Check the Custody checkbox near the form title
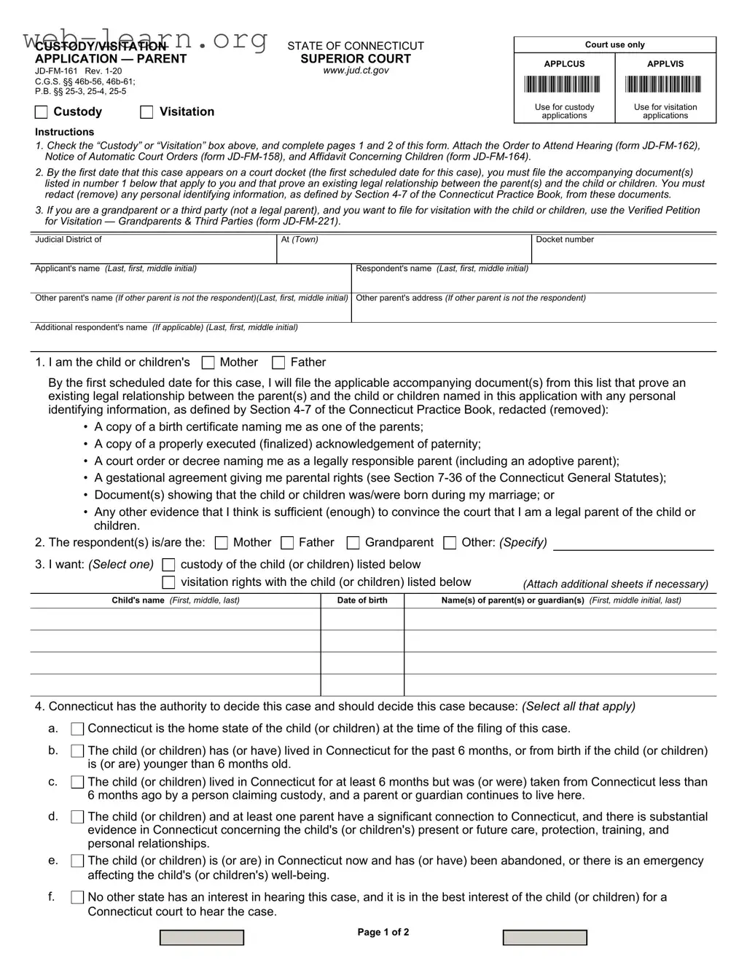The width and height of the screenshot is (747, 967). pyautogui.click(x=42, y=112)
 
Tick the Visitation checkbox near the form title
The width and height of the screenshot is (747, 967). pyautogui.click(x=146, y=112)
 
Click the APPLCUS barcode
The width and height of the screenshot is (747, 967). pyautogui.click(x=564, y=85)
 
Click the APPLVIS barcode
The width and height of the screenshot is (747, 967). pyautogui.click(x=665, y=85)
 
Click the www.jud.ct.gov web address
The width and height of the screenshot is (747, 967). pyautogui.click(x=356, y=71)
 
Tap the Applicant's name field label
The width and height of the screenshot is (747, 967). pyautogui.click(x=116, y=269)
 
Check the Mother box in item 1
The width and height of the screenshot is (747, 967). pyautogui.click(x=208, y=363)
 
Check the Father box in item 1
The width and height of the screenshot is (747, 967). pyautogui.click(x=278, y=363)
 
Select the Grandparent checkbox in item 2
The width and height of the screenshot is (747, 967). pyautogui.click(x=353, y=543)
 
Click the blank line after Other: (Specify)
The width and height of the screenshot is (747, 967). pyautogui.click(x=633, y=544)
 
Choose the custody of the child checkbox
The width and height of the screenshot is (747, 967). pyautogui.click(x=168, y=565)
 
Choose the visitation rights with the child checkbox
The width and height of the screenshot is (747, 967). pyautogui.click(x=168, y=582)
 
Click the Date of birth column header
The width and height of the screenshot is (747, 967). pyautogui.click(x=362, y=600)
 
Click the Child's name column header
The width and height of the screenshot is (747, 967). pyautogui.click(x=175, y=600)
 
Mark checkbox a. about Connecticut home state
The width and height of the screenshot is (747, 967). pyautogui.click(x=77, y=729)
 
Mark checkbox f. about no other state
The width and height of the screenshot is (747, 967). pyautogui.click(x=77, y=898)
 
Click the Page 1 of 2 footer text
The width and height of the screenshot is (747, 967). pyautogui.click(x=383, y=933)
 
